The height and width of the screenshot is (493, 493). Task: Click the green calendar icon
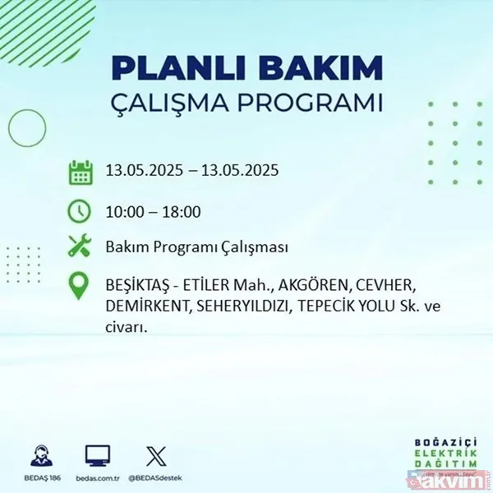(x=80, y=173)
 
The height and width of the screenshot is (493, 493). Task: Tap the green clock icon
(x=80, y=210)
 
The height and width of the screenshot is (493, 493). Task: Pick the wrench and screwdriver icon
(x=80, y=246)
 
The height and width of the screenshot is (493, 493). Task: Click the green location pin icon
(x=80, y=286)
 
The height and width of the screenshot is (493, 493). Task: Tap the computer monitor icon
(x=98, y=454)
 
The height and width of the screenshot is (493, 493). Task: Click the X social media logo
(x=154, y=454)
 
